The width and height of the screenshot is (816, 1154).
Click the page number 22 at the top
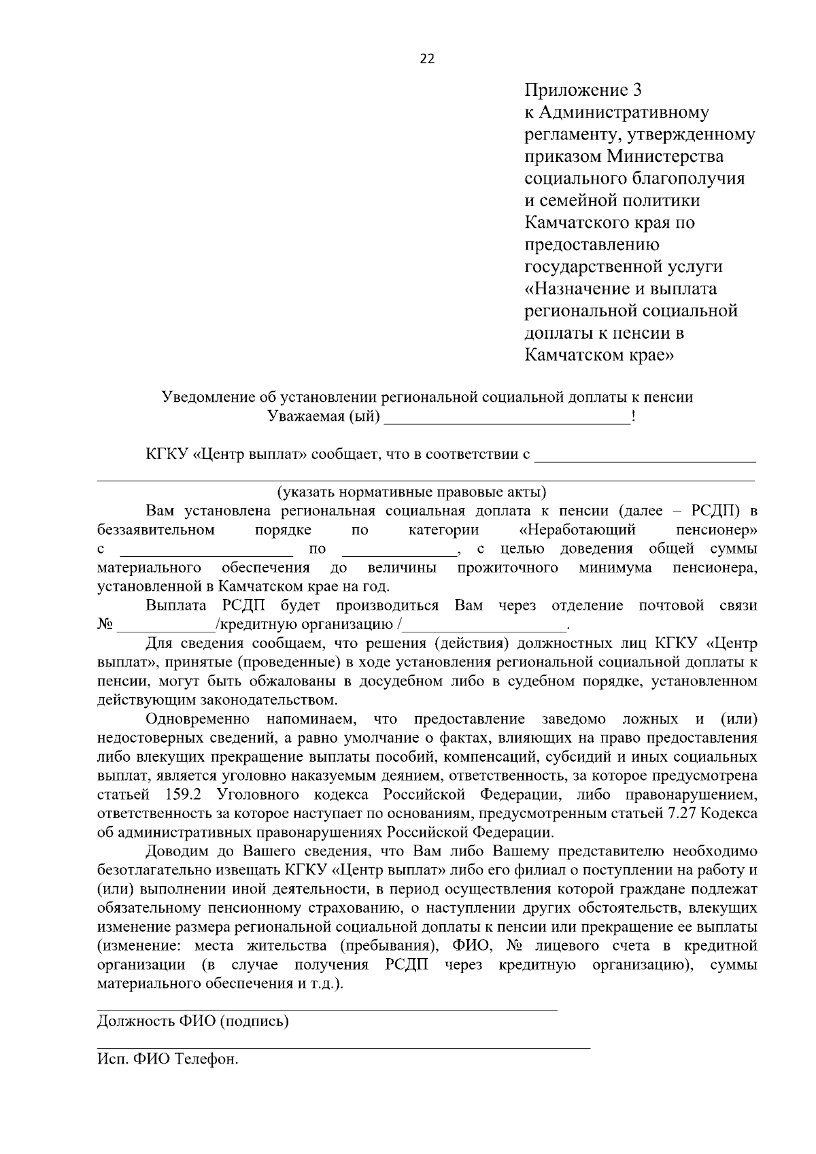427,58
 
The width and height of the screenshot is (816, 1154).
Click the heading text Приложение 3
583,90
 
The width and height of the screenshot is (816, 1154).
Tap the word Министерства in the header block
665,156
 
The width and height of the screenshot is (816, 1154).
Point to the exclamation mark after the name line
634,416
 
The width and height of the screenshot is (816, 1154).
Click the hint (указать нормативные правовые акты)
411,492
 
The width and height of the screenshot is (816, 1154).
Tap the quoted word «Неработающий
577,529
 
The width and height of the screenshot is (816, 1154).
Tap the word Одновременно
197,719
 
